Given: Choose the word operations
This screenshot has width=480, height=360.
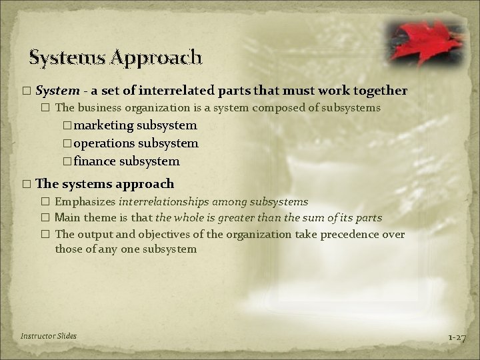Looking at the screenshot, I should (109, 143).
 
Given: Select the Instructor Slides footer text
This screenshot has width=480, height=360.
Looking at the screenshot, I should (49, 335).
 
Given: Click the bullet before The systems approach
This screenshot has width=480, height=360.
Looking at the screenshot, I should (26, 183).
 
